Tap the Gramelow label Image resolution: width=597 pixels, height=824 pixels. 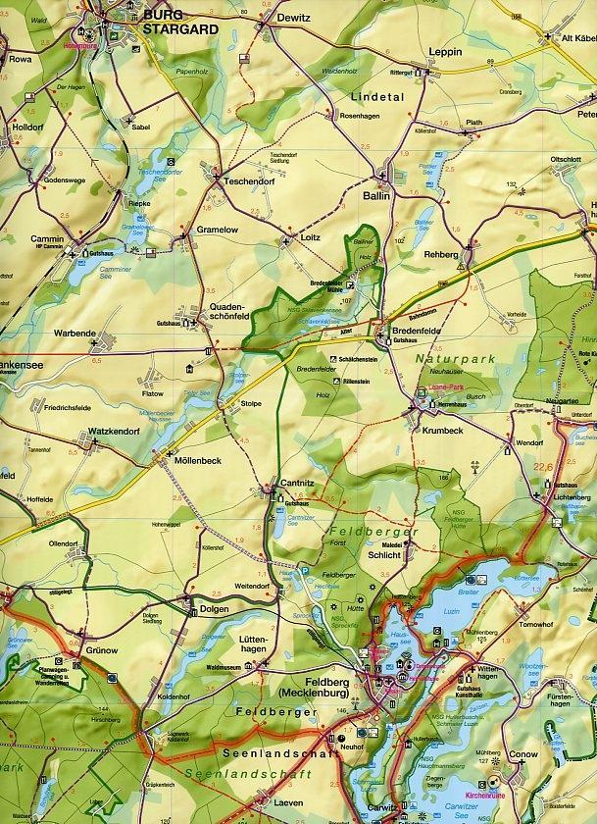tap(218, 229)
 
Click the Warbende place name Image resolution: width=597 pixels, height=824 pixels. tap(75, 334)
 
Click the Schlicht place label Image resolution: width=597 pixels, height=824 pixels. tap(383, 555)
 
